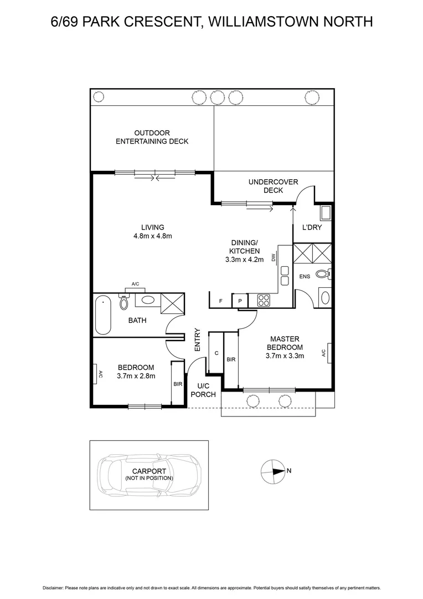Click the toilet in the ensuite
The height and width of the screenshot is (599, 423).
[323, 273]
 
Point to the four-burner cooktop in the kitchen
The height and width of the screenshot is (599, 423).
[264, 300]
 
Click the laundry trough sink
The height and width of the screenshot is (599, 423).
[325, 212]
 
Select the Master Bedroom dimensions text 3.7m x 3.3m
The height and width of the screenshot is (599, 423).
[285, 356]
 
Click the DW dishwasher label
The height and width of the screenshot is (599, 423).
[273, 257]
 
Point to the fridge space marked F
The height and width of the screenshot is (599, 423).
[220, 301]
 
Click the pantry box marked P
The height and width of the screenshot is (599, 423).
[240, 301]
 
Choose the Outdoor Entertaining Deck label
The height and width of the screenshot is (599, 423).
[152, 137]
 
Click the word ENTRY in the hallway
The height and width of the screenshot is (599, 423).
[197, 339]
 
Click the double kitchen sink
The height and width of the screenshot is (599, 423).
[285, 275]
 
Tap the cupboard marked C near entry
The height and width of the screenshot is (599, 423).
[216, 353]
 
